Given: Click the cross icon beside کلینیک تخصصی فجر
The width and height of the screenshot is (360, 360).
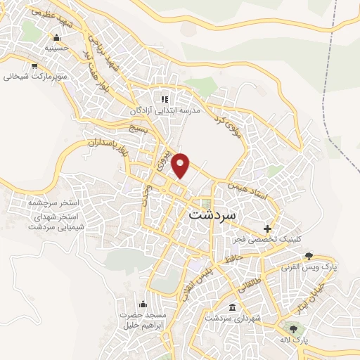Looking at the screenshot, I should point(267,229).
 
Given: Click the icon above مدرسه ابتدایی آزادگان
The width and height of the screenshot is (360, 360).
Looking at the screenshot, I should point(165,99).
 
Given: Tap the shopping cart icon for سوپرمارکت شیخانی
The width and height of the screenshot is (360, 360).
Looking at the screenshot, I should point(33,65).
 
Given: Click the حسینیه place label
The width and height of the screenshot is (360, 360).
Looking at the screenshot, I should point(57,50).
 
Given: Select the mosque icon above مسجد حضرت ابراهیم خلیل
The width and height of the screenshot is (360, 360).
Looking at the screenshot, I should point(143,304).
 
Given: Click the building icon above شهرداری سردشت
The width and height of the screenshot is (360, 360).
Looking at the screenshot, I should point(233,307).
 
